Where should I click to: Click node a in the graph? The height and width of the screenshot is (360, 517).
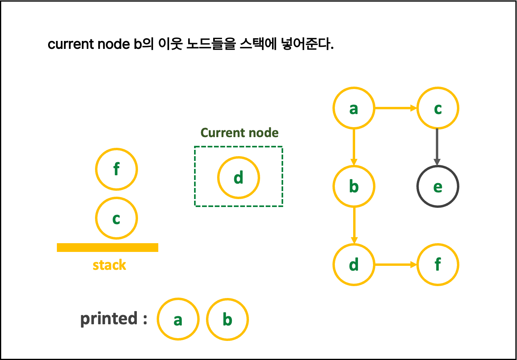(x=354, y=108)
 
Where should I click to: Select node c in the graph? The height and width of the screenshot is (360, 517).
(x=437, y=108)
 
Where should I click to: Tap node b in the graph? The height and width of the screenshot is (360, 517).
(x=354, y=186)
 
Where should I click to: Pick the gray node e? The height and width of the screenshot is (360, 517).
(x=437, y=186)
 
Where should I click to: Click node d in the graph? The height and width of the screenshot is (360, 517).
(x=354, y=265)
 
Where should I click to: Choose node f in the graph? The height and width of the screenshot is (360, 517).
(x=437, y=265)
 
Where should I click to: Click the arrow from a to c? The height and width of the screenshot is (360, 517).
(x=396, y=108)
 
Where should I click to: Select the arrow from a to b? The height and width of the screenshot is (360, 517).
(x=354, y=147)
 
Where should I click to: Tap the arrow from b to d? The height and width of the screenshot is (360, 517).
(x=354, y=225)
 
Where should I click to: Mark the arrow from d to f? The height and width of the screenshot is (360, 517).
(x=396, y=265)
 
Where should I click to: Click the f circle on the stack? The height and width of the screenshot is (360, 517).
(x=117, y=169)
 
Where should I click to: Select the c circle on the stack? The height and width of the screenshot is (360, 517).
(x=117, y=218)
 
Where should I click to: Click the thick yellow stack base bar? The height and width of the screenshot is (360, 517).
(x=107, y=248)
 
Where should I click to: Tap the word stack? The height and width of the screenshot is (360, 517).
(x=109, y=265)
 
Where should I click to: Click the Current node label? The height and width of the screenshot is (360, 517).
(x=239, y=133)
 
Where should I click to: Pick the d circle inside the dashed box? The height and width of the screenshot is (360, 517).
(x=239, y=178)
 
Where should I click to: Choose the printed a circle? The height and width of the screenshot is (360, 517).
(x=178, y=319)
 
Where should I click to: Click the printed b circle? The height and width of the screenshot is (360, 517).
(x=227, y=319)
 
